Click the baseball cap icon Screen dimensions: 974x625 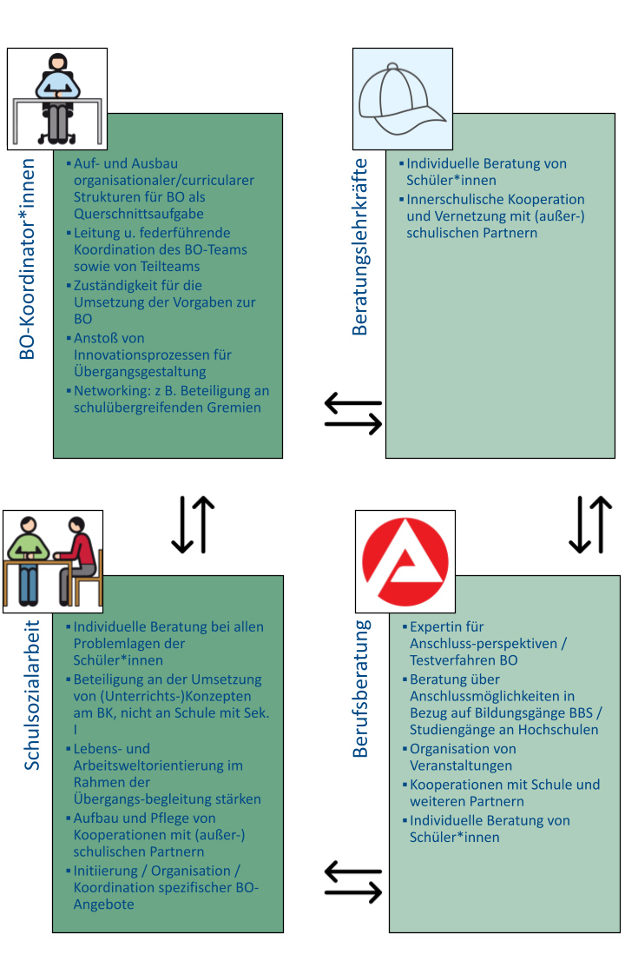(x=402, y=98)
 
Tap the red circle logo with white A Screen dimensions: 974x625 (x=405, y=560)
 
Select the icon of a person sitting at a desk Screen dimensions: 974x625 (x=56, y=97)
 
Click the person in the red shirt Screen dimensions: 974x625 (x=80, y=560)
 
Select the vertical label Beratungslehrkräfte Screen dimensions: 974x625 (x=359, y=247)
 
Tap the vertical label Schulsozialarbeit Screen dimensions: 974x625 (x=31, y=695)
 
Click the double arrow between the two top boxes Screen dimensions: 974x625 (x=353, y=413)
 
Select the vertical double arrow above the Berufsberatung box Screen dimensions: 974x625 (x=590, y=525)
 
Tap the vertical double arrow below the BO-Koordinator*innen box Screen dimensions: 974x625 (x=193, y=525)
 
